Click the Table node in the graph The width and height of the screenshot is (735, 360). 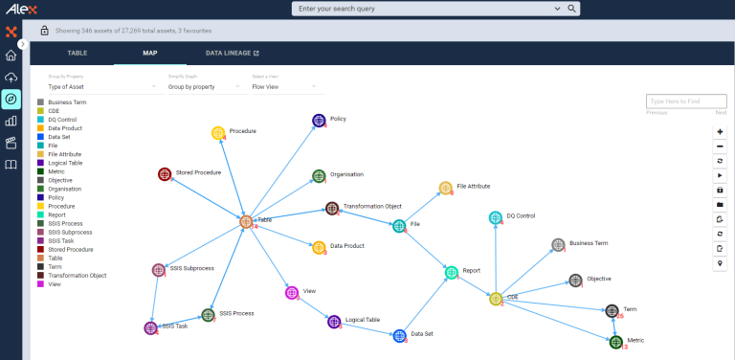click(246, 221)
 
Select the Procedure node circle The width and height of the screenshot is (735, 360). click(218, 132)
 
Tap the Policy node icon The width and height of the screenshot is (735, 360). click(319, 121)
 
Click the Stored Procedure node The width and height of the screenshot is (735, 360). click(165, 174)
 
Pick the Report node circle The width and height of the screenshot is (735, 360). click(452, 273)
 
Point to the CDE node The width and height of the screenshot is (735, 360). click(496, 299)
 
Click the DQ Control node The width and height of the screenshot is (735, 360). click(496, 218)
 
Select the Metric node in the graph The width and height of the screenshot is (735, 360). click(616, 341)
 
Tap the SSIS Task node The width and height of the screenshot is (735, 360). click(150, 328)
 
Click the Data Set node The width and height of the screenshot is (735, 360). click(399, 335)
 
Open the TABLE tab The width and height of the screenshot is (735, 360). click(77, 54)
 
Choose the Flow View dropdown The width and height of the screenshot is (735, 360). click(287, 86)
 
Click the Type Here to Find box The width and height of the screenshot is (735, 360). click(685, 101)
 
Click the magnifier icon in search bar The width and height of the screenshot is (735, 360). click(572, 9)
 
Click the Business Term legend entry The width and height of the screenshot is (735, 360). click(67, 101)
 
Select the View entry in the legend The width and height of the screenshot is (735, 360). click(55, 283)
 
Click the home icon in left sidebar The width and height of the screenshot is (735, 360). click(11, 56)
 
